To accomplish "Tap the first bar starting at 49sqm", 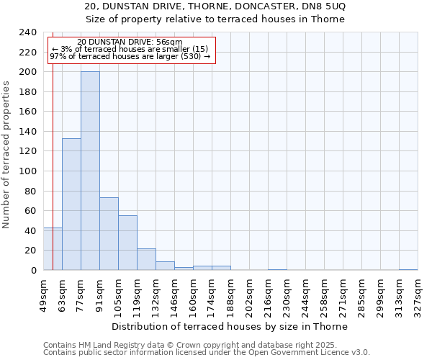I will point(53,249).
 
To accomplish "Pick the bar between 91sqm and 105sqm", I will point(109,234).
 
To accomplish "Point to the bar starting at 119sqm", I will point(146,259).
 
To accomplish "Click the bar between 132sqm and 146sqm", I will point(165,266).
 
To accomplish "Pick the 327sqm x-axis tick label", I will point(418,295).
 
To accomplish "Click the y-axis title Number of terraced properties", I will point(6,154).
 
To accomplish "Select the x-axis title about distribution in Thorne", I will point(230,326).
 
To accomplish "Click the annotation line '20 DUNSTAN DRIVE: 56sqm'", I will point(130,42).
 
